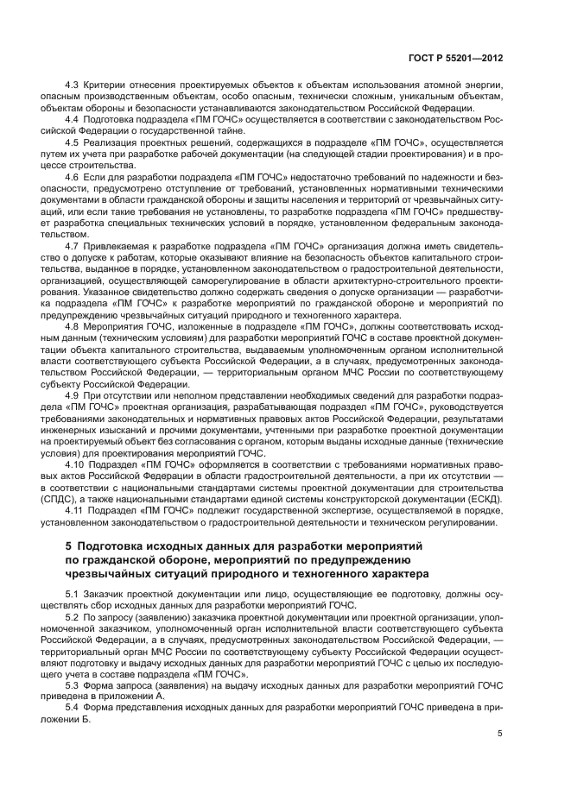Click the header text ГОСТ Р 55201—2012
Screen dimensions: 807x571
click(462, 57)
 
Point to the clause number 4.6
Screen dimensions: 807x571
click(73, 175)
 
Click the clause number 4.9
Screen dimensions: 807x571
click(73, 394)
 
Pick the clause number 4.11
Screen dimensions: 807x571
click(75, 510)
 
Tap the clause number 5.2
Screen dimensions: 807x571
click(73, 618)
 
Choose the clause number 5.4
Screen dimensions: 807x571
click(73, 707)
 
